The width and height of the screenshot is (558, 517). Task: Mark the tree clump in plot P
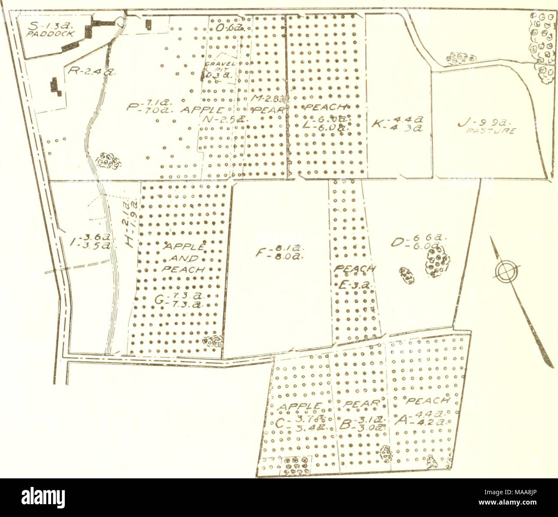[x=107, y=159]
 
